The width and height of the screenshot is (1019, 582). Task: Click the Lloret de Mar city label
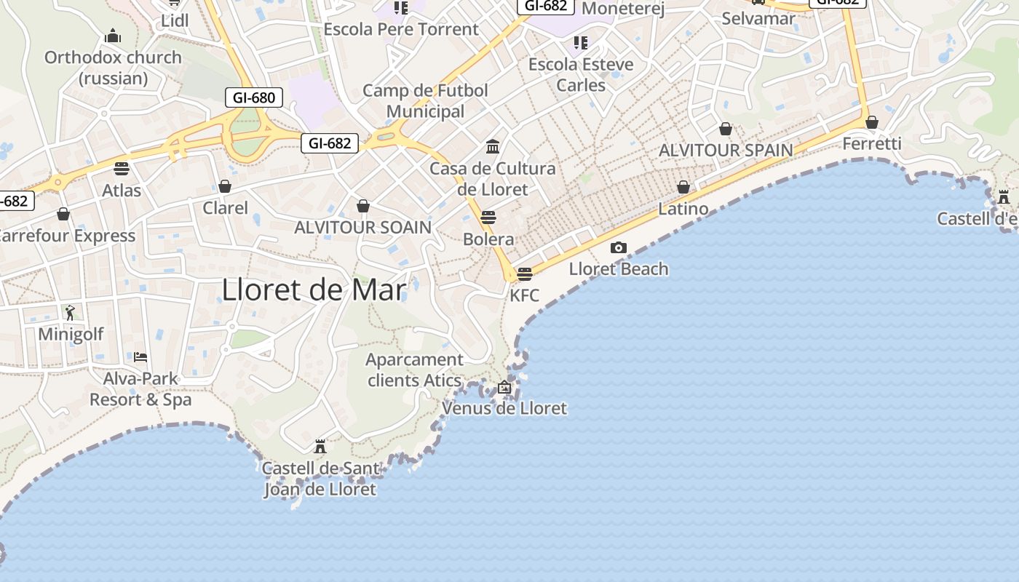(314, 290)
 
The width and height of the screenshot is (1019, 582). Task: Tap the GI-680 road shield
(254, 97)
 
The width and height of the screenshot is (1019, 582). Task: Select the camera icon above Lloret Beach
(618, 248)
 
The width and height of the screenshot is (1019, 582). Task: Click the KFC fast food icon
(524, 274)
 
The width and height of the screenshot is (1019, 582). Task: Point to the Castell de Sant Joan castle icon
(320, 446)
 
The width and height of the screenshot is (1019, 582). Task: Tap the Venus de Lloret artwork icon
(504, 387)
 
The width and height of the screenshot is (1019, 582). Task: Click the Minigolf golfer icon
(70, 313)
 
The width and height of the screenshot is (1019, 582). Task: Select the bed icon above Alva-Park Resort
(140, 357)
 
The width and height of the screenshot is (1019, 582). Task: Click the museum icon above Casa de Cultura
(493, 147)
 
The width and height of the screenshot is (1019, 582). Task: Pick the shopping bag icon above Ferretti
(871, 122)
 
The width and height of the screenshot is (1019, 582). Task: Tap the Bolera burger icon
(488, 217)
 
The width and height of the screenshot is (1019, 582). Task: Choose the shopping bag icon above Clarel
(225, 187)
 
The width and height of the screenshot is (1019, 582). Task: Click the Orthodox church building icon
(113, 36)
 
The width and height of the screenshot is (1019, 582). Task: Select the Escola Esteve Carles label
(581, 74)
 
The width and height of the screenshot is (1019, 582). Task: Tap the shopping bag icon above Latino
(683, 188)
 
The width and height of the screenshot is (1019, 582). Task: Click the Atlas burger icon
(122, 169)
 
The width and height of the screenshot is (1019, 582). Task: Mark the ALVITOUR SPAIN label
(726, 151)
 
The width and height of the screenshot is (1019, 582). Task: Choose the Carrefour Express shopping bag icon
(63, 214)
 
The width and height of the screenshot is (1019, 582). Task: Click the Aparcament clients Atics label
(414, 370)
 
